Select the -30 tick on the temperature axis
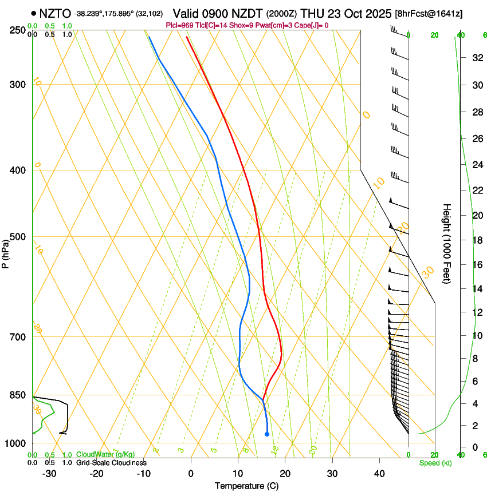[x=49, y=473]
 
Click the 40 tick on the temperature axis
[x=379, y=473]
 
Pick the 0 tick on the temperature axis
[x=191, y=473]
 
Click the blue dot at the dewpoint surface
[x=267, y=434]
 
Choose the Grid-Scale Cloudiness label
[x=111, y=463]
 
